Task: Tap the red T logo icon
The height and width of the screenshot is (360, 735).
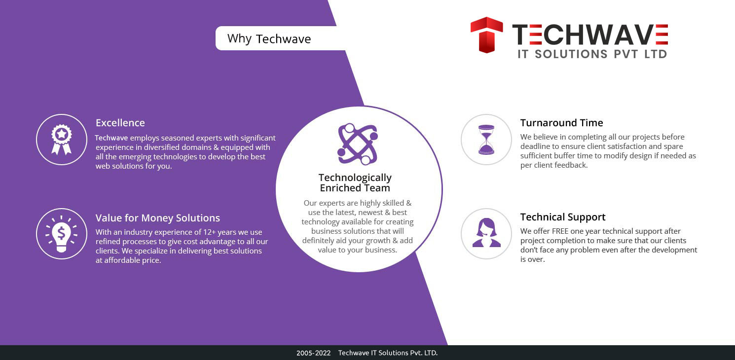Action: (x=486, y=35)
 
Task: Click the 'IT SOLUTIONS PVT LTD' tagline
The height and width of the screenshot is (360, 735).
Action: (x=592, y=54)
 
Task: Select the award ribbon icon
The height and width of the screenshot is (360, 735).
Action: (x=61, y=140)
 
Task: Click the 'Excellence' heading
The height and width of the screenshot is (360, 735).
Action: (x=120, y=123)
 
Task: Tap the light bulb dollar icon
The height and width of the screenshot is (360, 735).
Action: (x=61, y=234)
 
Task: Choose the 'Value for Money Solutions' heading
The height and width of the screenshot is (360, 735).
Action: (x=157, y=218)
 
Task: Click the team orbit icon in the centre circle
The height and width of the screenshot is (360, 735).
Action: (x=358, y=144)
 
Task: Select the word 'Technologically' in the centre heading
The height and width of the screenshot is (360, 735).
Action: (x=355, y=178)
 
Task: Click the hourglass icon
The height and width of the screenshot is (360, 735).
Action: (x=486, y=140)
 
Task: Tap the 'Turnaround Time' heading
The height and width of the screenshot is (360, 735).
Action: (x=561, y=123)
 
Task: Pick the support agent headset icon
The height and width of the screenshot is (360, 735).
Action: (x=486, y=232)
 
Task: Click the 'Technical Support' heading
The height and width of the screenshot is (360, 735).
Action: (x=563, y=217)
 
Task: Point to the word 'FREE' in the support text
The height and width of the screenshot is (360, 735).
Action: (x=560, y=231)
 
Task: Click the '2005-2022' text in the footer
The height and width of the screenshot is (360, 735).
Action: (x=313, y=353)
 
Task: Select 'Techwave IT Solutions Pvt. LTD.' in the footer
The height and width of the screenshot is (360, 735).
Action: (x=388, y=353)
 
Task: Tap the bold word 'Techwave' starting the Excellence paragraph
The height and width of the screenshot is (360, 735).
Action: (x=111, y=138)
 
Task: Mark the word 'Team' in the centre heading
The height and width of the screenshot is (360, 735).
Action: (x=379, y=188)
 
